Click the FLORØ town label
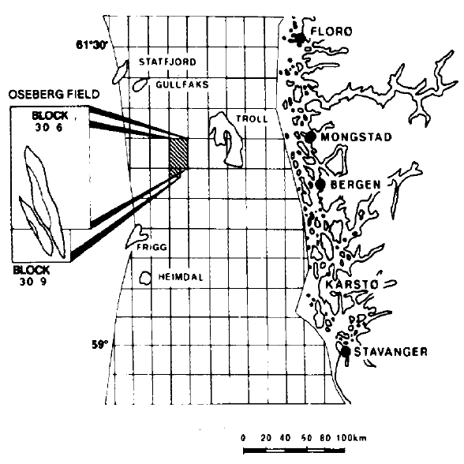(331, 31)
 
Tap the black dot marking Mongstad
(310, 137)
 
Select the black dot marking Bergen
(320, 185)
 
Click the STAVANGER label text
(391, 352)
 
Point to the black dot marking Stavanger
(346, 352)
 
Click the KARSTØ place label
(352, 284)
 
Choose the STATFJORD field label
(167, 62)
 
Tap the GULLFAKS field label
(182, 84)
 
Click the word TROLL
(252, 119)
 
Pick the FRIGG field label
(152, 247)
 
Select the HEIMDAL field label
(181, 277)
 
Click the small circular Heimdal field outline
(145, 278)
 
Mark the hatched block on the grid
(178, 158)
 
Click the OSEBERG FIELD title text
(54, 95)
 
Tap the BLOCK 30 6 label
(50, 122)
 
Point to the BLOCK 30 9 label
(32, 275)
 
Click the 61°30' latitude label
(92, 45)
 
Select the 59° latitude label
(100, 344)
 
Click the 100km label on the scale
(352, 438)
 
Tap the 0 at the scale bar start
(243, 438)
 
